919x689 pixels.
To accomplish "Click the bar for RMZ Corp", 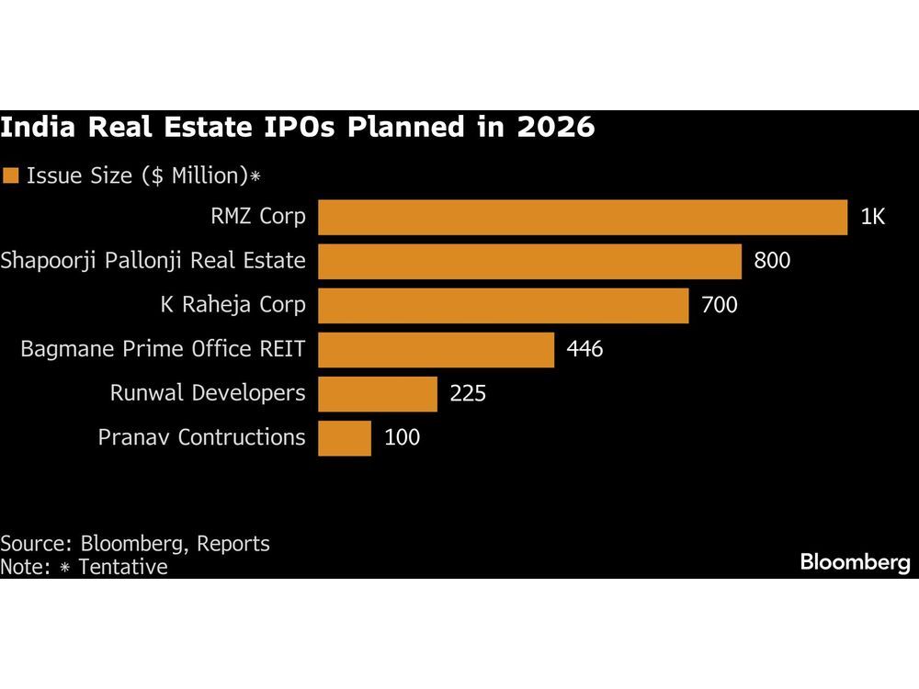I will (583, 218).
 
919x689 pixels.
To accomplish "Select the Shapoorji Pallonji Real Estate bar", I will (529, 261).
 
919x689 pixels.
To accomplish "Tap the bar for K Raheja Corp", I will (503, 305).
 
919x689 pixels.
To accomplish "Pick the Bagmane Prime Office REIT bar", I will (436, 349).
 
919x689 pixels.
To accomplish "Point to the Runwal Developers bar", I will (377, 393).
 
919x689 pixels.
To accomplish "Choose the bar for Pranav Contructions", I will (345, 437).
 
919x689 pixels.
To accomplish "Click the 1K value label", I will (872, 218).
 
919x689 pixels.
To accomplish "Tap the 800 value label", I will (771, 261).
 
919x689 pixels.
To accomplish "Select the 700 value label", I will (719, 305).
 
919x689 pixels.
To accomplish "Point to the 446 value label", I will (584, 349).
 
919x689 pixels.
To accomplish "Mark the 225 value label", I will (467, 393).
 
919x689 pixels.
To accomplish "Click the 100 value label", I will (402, 437).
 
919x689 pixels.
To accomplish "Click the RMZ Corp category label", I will (257, 218).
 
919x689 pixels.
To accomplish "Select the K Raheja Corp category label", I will (233, 305).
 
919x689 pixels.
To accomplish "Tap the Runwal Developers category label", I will (208, 393).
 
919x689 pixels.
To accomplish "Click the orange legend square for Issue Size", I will (11, 175).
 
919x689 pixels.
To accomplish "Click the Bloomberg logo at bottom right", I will (854, 562).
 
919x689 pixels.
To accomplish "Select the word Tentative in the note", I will (123, 567).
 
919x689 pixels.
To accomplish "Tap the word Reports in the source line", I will (233, 543).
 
